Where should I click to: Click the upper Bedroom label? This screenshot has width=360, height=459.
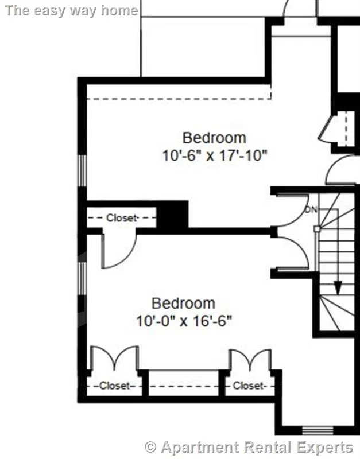(214, 138)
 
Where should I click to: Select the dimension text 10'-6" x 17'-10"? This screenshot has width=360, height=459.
(215, 155)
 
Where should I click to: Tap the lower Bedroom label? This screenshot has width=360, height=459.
(183, 303)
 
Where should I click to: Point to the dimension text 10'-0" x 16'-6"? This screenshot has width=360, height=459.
(184, 321)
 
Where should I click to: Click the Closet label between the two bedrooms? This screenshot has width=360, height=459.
(122, 218)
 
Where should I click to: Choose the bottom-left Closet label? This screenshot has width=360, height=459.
(114, 386)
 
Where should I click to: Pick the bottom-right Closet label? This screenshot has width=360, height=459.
(248, 386)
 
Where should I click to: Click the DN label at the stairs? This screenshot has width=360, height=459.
(311, 210)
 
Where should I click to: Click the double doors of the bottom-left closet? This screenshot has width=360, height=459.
(115, 359)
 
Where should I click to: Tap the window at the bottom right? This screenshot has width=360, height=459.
(318, 430)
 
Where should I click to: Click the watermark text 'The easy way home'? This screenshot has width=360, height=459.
(70, 10)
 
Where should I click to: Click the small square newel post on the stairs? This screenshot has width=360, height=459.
(316, 228)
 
